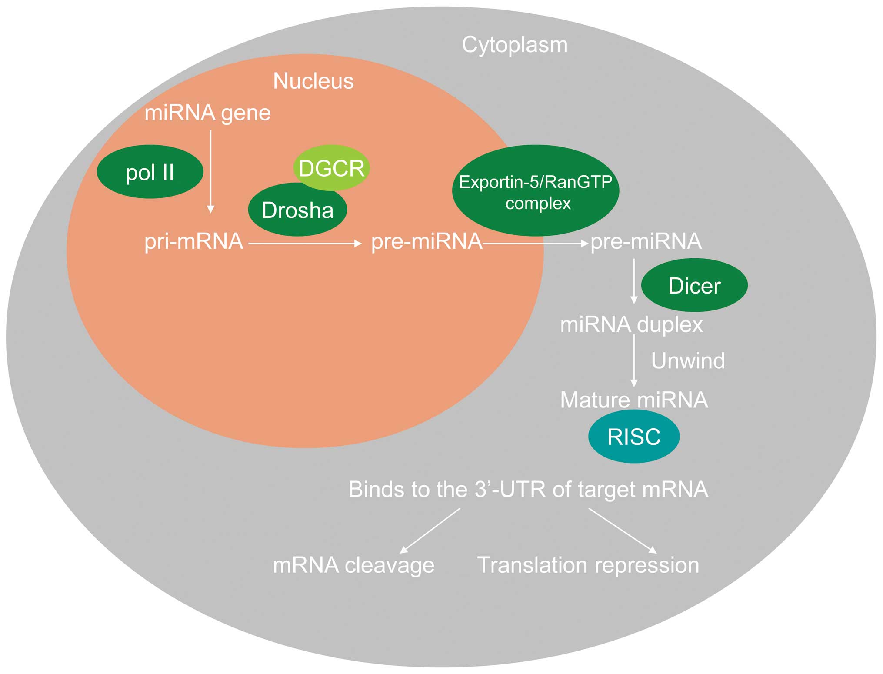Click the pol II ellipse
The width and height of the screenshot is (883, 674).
point(150,172)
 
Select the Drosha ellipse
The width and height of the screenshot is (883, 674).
point(297,210)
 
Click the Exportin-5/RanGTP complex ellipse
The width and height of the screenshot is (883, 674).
point(536,190)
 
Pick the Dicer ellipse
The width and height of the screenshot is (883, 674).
point(694,285)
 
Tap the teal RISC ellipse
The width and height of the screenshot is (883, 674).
point(634,436)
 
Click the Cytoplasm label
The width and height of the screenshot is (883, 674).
point(515,45)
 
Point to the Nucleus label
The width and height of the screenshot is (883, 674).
point(313,81)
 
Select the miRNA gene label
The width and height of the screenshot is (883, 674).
point(208,113)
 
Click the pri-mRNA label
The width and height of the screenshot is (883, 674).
point(194,242)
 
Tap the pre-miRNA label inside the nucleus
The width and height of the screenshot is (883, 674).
point(427,241)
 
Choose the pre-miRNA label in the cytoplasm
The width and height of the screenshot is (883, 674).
point(646,241)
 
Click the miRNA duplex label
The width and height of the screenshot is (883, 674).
point(631,325)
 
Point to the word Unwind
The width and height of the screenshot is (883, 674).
point(688,360)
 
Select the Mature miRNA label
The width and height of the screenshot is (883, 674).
point(634,400)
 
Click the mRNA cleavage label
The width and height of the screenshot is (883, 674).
point(353,565)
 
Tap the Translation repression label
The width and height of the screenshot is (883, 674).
point(588,565)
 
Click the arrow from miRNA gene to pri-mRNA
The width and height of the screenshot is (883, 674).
point(211,172)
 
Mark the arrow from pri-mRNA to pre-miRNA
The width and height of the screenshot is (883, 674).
point(305,244)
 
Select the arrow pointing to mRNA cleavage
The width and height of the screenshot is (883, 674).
point(430,531)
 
